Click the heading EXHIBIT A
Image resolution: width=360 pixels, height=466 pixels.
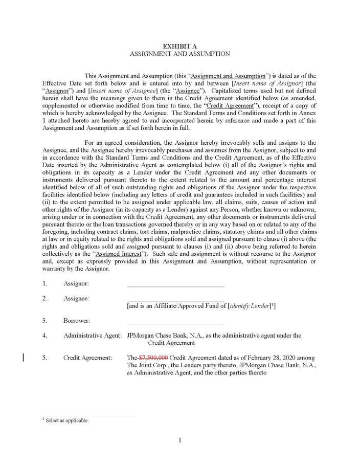[179, 46]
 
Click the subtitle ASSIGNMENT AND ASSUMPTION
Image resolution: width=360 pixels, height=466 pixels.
[179, 53]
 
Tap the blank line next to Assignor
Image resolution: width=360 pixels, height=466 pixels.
[175, 286]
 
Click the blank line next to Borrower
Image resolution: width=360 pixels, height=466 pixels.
[175, 323]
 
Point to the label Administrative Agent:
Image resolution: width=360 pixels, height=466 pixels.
[93, 336]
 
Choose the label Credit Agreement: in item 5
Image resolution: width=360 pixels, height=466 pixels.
[87, 358]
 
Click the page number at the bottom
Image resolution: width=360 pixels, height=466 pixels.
[180, 440]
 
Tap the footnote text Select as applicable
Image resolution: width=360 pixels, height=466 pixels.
[67, 420]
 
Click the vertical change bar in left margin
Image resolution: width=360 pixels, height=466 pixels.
[24, 357]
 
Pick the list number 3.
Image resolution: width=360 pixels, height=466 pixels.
[45, 321]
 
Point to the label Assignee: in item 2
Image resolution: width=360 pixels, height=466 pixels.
[76, 298]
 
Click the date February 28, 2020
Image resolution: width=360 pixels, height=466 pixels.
[265, 358]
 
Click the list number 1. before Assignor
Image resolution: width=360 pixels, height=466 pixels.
[45, 283]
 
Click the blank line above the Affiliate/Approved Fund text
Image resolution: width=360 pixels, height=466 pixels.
[175, 301]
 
